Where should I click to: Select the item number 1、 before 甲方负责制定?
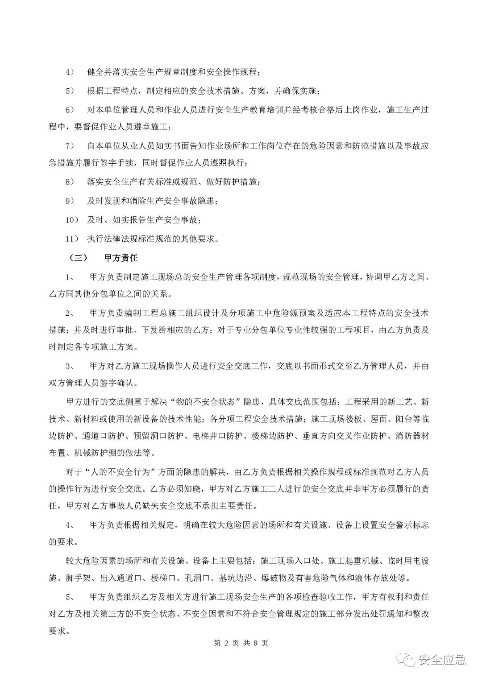point(71,277)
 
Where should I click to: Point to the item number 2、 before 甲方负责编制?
point(71,313)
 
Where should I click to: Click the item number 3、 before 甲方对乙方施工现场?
point(71,366)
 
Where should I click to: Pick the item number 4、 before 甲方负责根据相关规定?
point(71,525)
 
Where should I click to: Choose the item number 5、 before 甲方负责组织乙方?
point(71,596)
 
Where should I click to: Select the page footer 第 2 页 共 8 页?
point(241,643)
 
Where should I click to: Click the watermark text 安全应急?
point(442,660)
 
